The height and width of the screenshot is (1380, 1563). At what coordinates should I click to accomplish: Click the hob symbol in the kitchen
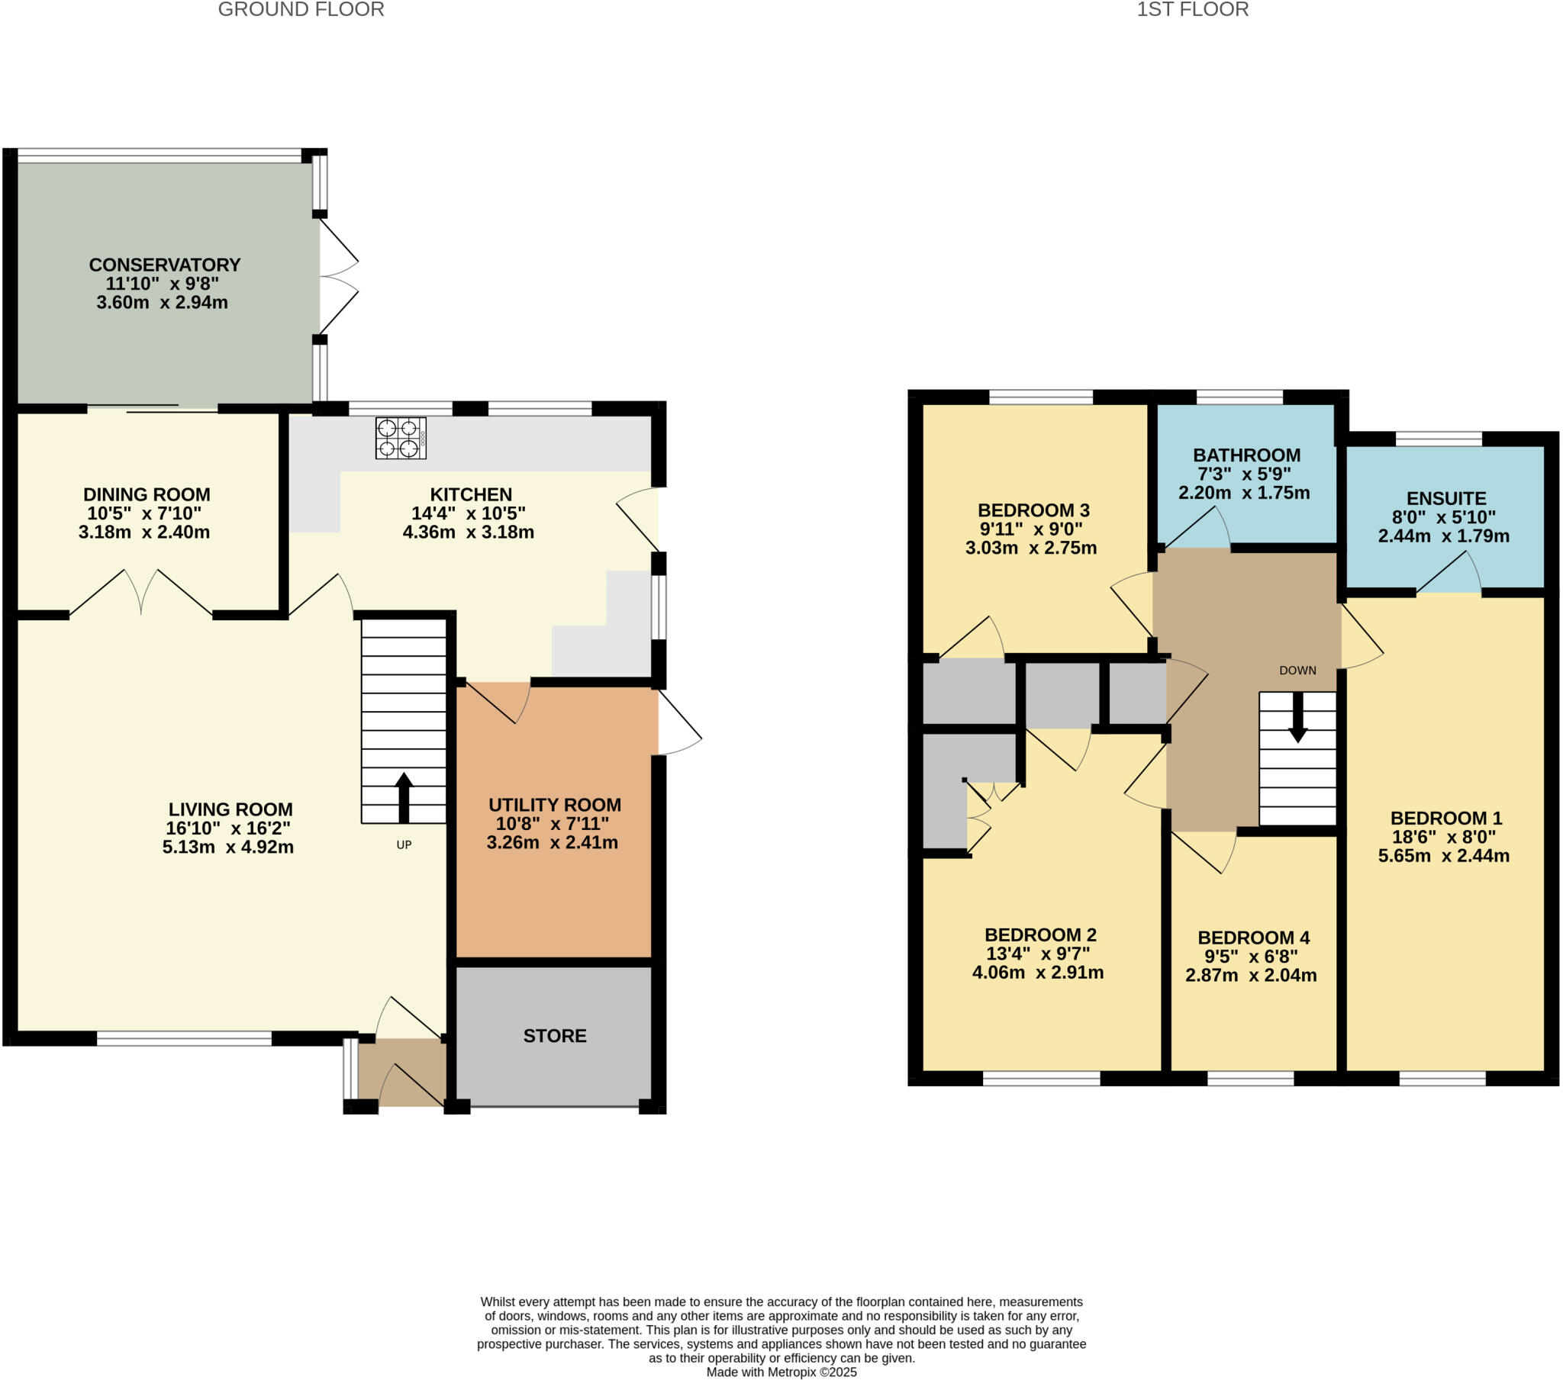tap(401, 438)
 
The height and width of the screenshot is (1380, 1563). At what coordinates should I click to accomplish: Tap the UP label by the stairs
tap(404, 844)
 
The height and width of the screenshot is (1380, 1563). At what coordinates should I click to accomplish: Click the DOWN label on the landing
tap(1297, 671)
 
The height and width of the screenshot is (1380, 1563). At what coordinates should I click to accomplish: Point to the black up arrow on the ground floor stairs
tap(404, 797)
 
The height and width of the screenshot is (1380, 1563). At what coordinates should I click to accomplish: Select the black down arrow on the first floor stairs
tap(1297, 718)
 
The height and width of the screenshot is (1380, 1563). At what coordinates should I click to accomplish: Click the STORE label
tap(554, 1036)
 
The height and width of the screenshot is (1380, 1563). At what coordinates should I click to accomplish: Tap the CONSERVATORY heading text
tap(164, 265)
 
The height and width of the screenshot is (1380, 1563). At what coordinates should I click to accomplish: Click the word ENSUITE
tap(1446, 498)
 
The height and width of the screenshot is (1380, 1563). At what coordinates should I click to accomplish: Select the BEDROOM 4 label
tap(1253, 938)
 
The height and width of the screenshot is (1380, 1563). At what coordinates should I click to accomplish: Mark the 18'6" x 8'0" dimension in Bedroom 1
tap(1444, 836)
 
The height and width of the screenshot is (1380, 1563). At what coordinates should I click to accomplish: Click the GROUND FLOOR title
tap(301, 10)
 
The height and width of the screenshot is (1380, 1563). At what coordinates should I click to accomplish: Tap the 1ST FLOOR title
tap(1192, 10)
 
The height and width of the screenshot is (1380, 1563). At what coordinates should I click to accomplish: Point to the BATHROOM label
tap(1246, 455)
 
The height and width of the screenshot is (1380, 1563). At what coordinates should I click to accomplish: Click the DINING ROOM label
tap(147, 494)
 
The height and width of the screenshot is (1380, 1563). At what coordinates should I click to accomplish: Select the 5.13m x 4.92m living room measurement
tap(228, 847)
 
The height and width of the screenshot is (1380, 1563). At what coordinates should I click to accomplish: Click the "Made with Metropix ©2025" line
tap(781, 1372)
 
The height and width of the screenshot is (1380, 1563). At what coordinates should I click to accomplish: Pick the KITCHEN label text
tap(471, 494)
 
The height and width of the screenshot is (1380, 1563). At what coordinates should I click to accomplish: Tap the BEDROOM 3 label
tap(1033, 510)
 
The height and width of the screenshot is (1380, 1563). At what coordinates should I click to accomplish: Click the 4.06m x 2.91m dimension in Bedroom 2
tap(1038, 973)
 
